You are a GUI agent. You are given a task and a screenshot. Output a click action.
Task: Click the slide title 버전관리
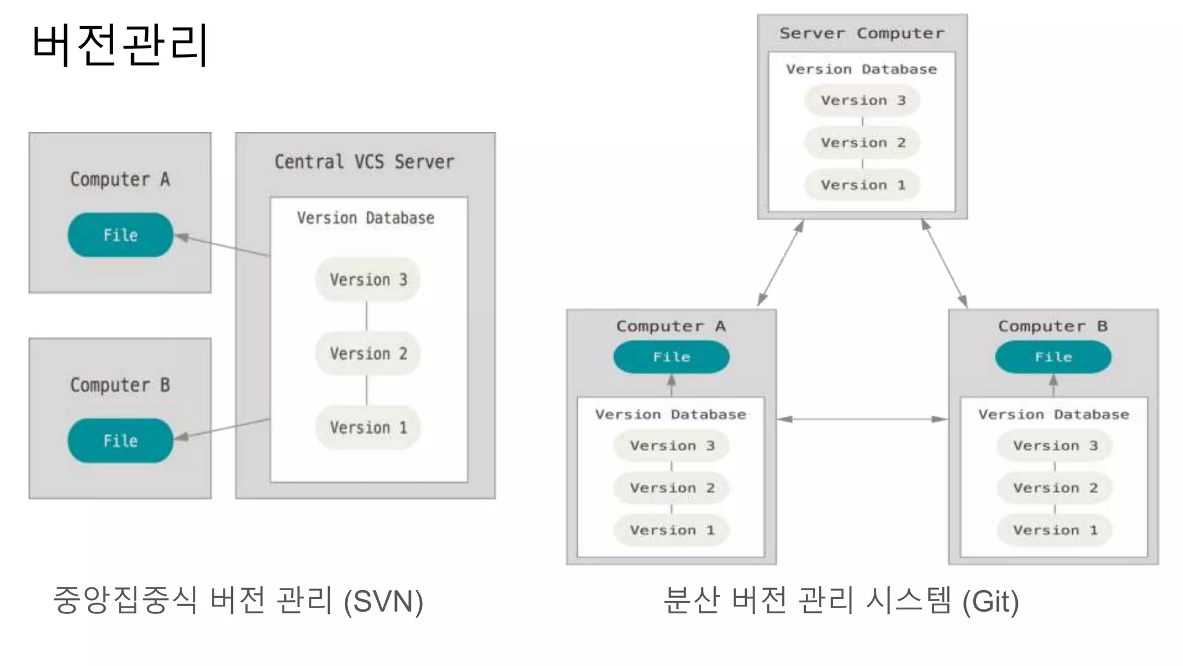[x=120, y=45]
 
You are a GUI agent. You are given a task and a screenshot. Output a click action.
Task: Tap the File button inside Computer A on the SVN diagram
[x=120, y=235]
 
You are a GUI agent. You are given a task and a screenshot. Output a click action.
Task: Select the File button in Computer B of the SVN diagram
[x=120, y=441]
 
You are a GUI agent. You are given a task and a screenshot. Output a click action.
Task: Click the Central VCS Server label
[x=364, y=162]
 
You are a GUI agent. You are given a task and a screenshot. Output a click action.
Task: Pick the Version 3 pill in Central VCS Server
[x=368, y=280]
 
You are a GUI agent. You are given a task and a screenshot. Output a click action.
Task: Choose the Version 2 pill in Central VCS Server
[x=368, y=353]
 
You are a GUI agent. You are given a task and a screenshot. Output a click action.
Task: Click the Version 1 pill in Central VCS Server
[x=368, y=428]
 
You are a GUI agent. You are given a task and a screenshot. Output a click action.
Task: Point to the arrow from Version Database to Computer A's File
[x=222, y=246]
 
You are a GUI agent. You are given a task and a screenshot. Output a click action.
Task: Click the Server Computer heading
[x=862, y=34]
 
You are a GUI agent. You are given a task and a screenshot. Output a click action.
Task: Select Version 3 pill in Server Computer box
[x=862, y=101]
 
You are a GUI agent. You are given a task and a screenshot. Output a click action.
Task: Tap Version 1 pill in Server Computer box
[x=862, y=185]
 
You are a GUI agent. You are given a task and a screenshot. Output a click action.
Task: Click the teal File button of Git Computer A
[x=671, y=357]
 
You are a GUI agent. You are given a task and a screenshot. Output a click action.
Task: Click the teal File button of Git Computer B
[x=1053, y=357]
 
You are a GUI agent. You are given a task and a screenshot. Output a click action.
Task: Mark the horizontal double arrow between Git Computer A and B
[x=862, y=419]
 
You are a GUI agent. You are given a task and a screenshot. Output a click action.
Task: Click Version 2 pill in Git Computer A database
[x=671, y=488]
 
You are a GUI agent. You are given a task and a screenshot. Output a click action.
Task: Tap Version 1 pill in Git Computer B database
[x=1054, y=530]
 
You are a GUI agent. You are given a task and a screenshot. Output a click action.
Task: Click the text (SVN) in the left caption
[x=384, y=601]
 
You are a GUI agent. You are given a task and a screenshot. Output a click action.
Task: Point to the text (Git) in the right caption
[x=990, y=601]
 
